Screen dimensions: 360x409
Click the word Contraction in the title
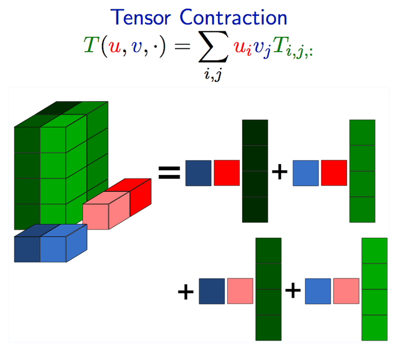235,17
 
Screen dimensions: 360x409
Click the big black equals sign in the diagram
169,172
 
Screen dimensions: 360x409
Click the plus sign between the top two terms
279,172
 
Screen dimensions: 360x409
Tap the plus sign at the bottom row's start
186,292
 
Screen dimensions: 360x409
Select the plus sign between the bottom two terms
293,291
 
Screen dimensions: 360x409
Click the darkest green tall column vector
254,171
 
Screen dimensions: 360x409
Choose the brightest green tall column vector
374,289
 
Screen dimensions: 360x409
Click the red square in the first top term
227,172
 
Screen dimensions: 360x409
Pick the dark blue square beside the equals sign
198,172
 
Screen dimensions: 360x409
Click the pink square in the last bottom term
346,291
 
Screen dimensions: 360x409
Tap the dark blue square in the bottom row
211,291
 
